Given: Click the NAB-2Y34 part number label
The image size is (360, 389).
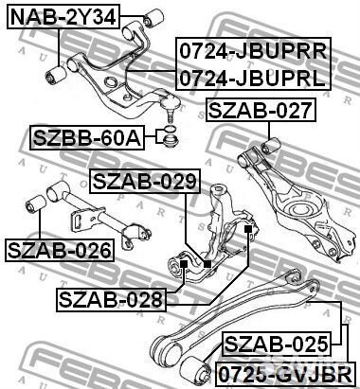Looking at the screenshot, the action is (63, 17).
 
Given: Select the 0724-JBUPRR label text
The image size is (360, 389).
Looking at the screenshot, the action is (253, 51).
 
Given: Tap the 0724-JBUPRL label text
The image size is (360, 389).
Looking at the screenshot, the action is (252, 78).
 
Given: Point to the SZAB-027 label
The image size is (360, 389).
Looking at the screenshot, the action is (261, 110).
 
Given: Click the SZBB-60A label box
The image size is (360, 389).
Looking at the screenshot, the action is (87, 137).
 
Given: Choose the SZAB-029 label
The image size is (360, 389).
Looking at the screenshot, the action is (145, 181).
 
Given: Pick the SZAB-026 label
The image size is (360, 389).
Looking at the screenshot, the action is (60, 250).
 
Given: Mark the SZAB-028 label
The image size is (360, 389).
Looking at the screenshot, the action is (111, 300).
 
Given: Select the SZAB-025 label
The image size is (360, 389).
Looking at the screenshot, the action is (277, 344).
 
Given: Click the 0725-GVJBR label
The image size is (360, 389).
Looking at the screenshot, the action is (285, 375).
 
